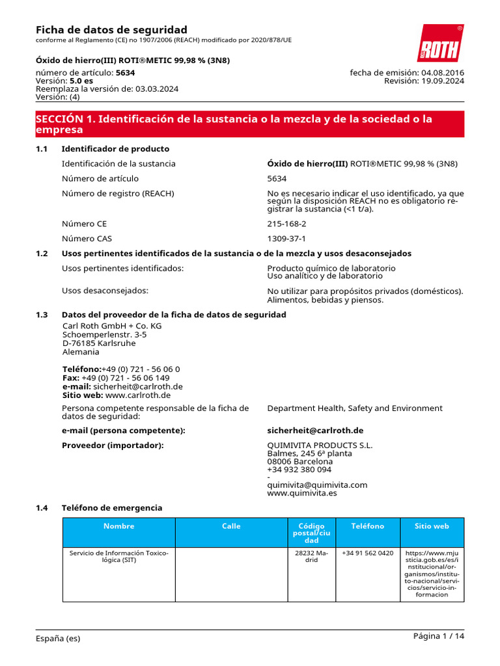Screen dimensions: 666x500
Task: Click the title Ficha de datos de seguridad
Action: click(x=111, y=30)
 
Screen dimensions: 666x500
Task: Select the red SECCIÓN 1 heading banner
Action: click(x=249, y=124)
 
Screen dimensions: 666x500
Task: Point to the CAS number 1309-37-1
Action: click(x=286, y=239)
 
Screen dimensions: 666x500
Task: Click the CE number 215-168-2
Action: click(x=286, y=224)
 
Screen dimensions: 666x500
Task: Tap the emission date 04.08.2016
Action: click(x=443, y=72)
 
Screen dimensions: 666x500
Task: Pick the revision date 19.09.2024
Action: click(x=443, y=81)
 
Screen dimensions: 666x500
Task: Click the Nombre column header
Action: click(x=118, y=526)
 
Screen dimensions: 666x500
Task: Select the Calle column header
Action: click(x=231, y=526)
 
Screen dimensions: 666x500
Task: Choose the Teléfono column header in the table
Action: click(x=367, y=526)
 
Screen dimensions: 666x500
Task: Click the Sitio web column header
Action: click(x=432, y=526)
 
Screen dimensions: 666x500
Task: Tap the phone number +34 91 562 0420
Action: click(x=367, y=553)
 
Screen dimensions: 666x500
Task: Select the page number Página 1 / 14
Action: click(x=439, y=636)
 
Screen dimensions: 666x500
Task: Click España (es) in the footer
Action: click(x=58, y=639)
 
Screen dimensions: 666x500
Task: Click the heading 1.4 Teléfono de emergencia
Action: click(x=111, y=507)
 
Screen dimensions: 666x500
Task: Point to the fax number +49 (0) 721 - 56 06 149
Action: click(x=126, y=377)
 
